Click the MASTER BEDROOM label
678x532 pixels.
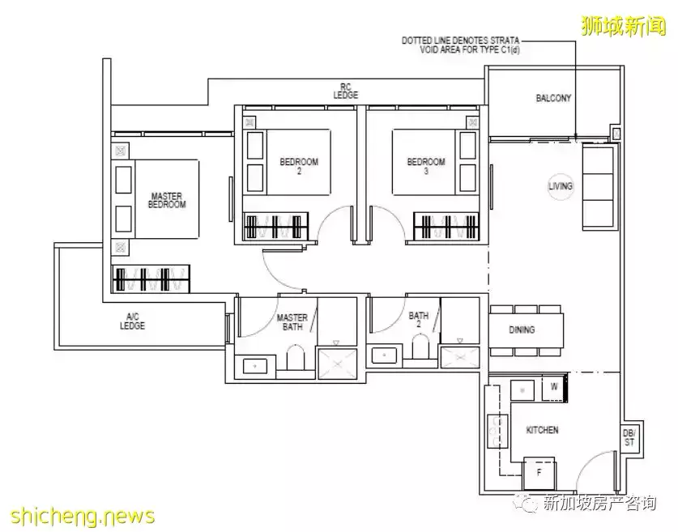(x=166, y=200)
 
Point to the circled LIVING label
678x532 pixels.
(x=561, y=186)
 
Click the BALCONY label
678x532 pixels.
(x=553, y=99)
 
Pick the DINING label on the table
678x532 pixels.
(x=522, y=330)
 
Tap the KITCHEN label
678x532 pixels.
(x=542, y=430)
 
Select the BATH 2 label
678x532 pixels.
(x=418, y=321)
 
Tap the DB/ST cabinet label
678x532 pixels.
(x=629, y=437)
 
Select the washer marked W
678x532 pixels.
(x=554, y=388)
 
